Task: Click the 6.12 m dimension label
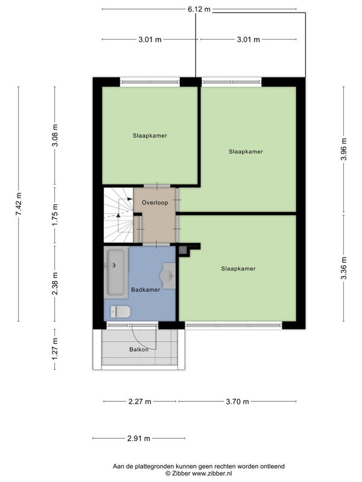click(199, 9)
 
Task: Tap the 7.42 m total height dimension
click(19, 204)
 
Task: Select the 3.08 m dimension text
click(55, 135)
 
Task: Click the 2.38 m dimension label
click(55, 283)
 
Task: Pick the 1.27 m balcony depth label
click(55, 349)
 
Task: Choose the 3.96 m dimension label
click(344, 149)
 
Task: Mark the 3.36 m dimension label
click(344, 268)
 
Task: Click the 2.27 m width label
click(140, 401)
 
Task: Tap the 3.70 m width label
click(237, 401)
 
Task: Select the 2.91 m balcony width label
click(139, 439)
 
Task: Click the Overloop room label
click(155, 203)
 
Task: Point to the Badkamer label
click(145, 290)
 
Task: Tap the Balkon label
click(139, 349)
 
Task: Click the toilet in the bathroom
click(120, 311)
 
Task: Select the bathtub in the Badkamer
click(116, 273)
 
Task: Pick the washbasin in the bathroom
click(168, 276)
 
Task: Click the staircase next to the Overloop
click(118, 215)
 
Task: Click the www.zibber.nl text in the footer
click(212, 474)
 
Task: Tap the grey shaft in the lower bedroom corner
click(183, 250)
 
